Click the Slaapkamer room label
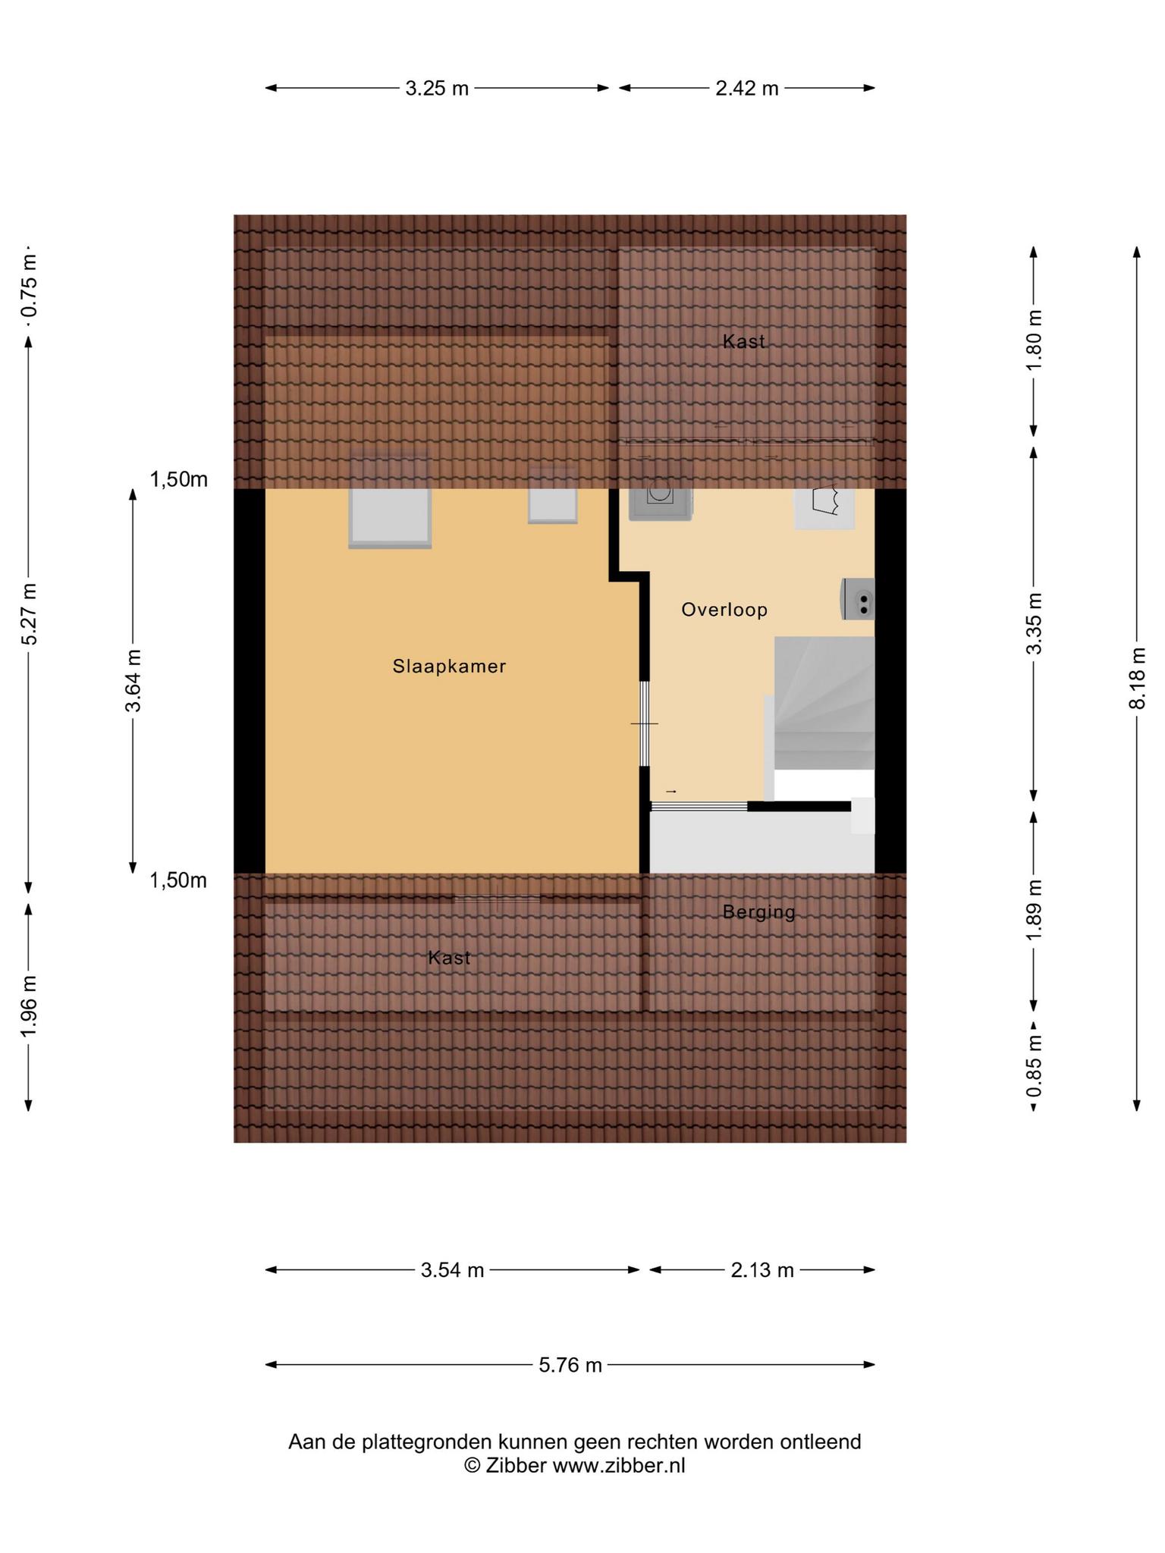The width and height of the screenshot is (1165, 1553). (449, 667)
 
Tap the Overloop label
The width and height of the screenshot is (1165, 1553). (724, 610)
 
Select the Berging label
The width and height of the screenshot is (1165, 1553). (758, 912)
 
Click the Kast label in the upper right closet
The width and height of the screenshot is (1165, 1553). (743, 341)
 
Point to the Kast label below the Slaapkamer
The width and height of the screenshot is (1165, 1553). (449, 958)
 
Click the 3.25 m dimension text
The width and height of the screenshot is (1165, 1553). (437, 89)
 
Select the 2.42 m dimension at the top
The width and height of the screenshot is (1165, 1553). (747, 89)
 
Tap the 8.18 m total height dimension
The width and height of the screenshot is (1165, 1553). (1136, 678)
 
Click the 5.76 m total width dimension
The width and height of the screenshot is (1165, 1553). (570, 1366)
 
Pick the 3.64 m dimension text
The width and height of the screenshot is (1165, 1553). (133, 681)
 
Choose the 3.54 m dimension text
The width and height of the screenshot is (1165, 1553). (452, 1270)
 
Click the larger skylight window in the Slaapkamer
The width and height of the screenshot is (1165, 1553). (390, 500)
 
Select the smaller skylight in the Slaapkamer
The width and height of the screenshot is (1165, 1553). (553, 495)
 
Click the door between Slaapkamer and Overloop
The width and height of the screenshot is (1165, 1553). (644, 723)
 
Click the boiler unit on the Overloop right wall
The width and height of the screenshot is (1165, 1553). (858, 599)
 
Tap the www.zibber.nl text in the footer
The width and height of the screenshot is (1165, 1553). (619, 1466)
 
